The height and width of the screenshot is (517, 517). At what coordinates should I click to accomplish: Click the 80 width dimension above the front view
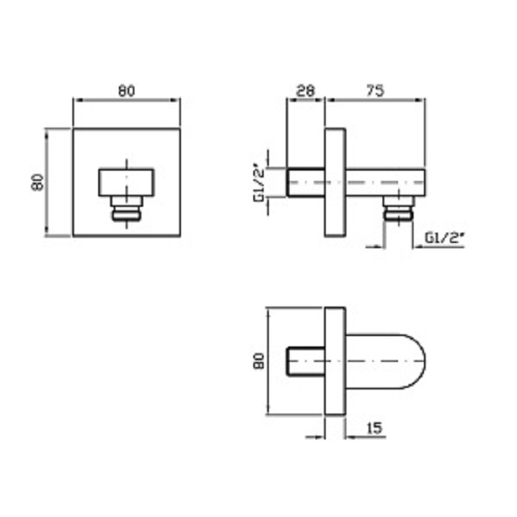127,91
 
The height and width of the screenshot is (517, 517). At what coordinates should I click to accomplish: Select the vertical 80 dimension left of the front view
38,182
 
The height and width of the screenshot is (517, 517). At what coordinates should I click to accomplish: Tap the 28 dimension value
305,91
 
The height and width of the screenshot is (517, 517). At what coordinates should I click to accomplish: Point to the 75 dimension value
375,91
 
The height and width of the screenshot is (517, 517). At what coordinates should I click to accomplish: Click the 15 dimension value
374,428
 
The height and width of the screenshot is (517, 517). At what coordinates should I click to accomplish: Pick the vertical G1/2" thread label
260,182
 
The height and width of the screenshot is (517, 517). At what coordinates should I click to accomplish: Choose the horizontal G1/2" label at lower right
445,238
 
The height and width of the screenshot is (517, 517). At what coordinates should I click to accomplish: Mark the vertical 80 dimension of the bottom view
259,361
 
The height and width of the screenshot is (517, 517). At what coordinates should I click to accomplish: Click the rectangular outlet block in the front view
126,182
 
